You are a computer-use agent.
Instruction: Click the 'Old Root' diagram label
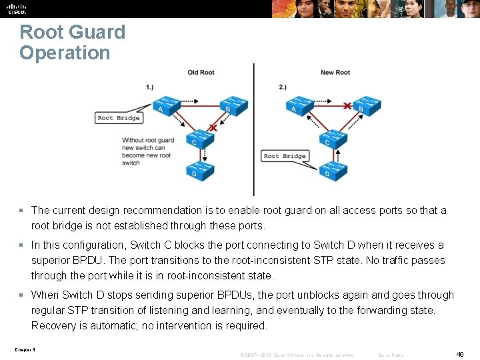coord(201,73)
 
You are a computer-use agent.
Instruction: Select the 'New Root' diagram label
coord(335,73)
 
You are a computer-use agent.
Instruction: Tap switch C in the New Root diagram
coord(332,139)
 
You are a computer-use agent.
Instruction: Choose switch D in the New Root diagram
coord(332,171)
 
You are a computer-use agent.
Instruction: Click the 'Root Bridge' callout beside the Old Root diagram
coord(119,118)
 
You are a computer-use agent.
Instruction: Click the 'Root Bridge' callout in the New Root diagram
coord(285,156)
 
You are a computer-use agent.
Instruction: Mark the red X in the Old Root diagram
coord(213,127)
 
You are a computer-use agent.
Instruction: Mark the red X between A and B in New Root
coord(347,105)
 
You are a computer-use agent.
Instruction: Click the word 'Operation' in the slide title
coord(65,53)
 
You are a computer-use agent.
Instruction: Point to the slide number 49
coord(460,354)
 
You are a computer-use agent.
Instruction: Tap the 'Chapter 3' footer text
coord(24,349)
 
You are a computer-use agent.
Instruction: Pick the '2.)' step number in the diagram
coord(283,87)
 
